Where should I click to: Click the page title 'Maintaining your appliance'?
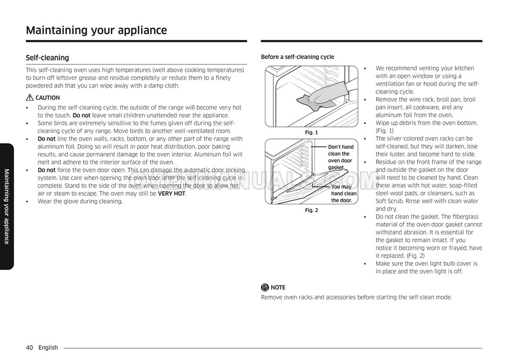[96, 30]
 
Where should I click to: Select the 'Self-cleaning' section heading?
[48, 58]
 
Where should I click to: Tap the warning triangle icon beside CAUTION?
[30, 98]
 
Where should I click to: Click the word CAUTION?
[48, 98]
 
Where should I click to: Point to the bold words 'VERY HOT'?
[171, 194]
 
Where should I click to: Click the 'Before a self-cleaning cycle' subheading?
[297, 57]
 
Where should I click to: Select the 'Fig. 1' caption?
[311, 132]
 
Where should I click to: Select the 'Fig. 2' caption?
[311, 210]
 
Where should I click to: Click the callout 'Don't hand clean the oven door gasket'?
[340, 157]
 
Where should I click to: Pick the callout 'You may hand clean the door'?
[344, 194]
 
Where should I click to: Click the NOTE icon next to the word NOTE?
[265, 288]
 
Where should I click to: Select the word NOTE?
[278, 288]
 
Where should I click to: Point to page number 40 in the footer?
[30, 348]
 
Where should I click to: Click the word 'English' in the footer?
[48, 348]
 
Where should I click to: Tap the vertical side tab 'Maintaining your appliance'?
[6, 206]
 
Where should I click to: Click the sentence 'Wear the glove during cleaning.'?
[80, 202]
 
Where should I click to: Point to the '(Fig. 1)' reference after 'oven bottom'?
[385, 131]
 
